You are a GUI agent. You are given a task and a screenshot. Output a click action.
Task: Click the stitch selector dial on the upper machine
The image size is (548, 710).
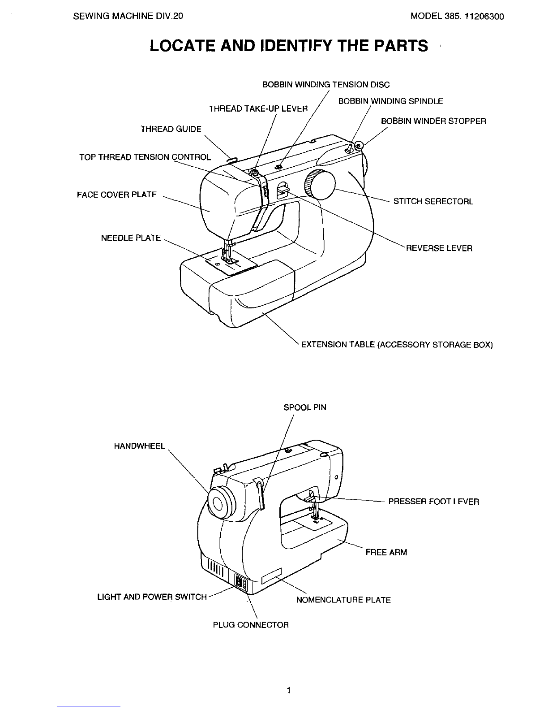pyautogui.click(x=320, y=185)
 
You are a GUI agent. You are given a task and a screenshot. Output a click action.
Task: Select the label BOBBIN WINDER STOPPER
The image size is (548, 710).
pyautogui.click(x=433, y=121)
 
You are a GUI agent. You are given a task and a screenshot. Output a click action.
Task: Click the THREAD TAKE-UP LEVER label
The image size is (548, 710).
pyautogui.click(x=258, y=109)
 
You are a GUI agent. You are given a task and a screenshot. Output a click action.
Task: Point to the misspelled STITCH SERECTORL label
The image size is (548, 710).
pyautogui.click(x=433, y=201)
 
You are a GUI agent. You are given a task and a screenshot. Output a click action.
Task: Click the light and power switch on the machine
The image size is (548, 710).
pyautogui.click(x=239, y=583)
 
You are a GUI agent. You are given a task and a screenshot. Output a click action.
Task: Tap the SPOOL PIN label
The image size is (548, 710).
pyautogui.click(x=305, y=407)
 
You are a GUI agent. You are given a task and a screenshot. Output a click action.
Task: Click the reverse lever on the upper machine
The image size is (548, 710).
pyautogui.click(x=282, y=189)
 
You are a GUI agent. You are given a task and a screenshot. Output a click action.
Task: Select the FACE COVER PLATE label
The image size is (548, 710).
pyautogui.click(x=117, y=195)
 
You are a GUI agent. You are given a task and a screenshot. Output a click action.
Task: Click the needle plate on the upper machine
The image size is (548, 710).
pyautogui.click(x=231, y=263)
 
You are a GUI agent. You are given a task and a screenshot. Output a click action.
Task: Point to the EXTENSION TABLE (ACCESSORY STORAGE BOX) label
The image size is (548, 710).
pyautogui.click(x=397, y=345)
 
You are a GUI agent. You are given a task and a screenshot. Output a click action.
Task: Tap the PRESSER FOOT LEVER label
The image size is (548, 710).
pyautogui.click(x=434, y=502)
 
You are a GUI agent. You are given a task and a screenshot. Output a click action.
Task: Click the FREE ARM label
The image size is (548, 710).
pyautogui.click(x=386, y=553)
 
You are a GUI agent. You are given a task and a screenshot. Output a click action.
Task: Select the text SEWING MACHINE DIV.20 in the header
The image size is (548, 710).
pyautogui.click(x=128, y=16)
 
